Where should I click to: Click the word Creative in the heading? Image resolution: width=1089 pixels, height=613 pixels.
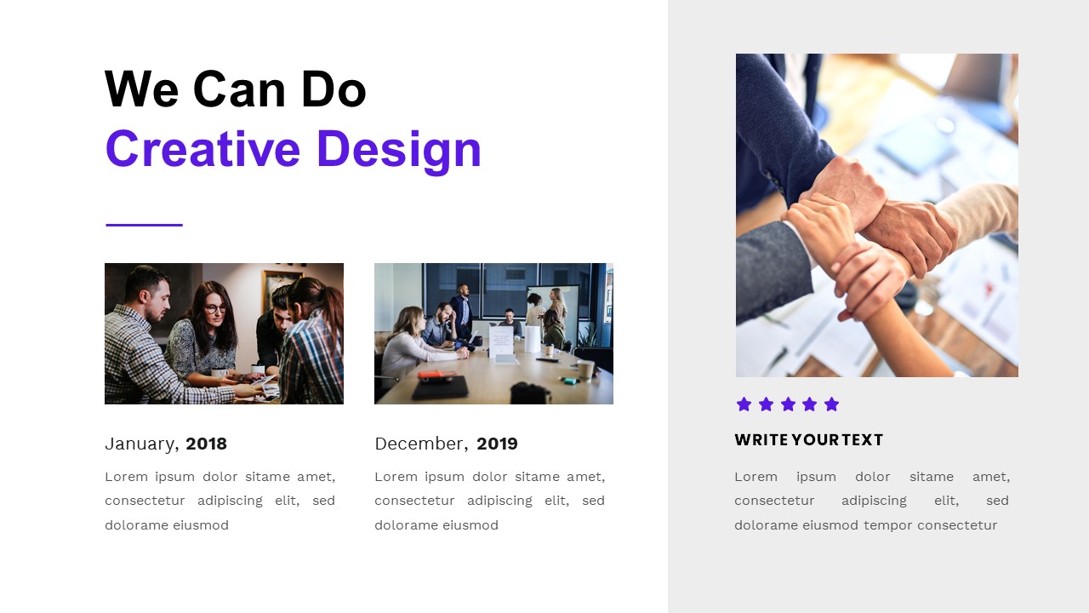202,149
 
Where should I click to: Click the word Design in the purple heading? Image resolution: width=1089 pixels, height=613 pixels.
398,149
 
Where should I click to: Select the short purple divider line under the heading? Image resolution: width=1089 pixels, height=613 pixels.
144,225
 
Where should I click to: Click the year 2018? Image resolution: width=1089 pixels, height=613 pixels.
206,444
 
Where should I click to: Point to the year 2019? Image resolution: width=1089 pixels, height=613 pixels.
497,444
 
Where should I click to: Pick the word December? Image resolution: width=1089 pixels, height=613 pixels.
420,444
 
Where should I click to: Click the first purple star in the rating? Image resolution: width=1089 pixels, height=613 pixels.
744,404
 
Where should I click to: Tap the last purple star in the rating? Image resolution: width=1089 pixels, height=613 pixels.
832,404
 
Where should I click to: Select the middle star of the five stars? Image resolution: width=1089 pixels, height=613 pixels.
788,404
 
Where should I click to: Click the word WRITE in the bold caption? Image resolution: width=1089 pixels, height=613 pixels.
761,440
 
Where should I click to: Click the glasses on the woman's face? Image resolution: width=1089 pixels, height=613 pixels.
214,308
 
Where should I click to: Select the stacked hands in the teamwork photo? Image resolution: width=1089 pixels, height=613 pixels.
868,234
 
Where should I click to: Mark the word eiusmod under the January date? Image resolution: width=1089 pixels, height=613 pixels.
201,525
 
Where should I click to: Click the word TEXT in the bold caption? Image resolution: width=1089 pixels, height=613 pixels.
863,440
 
